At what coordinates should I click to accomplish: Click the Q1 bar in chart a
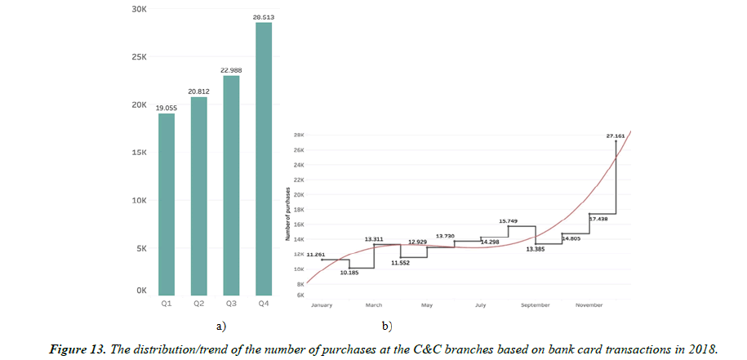166,204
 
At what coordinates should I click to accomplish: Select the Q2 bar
198,196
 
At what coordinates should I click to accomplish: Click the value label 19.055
166,108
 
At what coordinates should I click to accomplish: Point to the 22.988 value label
231,70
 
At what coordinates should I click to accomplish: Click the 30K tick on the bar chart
138,10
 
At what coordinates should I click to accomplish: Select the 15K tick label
138,153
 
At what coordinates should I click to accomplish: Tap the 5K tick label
140,248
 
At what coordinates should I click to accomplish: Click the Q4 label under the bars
264,304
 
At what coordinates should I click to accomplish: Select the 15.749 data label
509,220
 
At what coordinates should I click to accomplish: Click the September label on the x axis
535,305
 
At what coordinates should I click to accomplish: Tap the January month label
322,305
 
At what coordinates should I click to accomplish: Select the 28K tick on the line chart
299,136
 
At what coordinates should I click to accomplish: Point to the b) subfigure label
387,326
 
